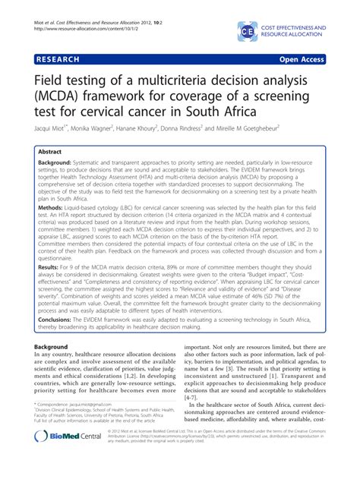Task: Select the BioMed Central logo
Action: [x=62, y=459]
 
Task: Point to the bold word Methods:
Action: [x=54, y=206]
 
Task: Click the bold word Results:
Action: [x=52, y=269]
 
